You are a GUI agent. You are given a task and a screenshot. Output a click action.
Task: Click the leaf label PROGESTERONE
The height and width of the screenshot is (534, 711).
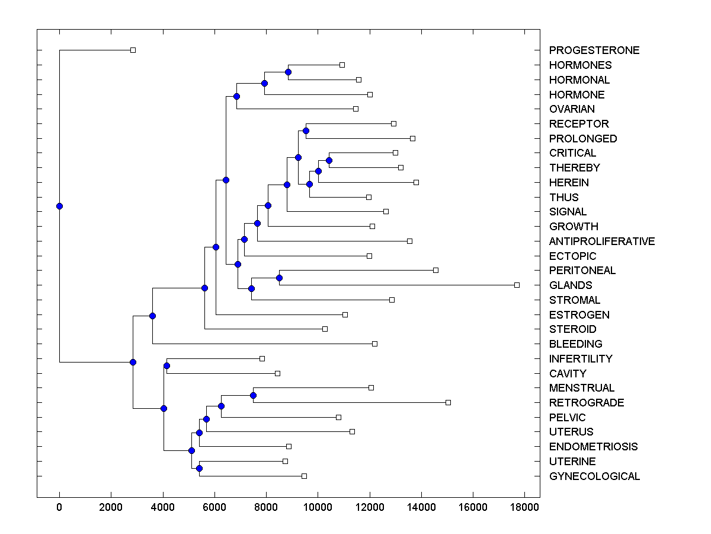[594, 50]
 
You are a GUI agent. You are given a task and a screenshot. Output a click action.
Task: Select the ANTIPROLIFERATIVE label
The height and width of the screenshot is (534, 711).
[602, 241]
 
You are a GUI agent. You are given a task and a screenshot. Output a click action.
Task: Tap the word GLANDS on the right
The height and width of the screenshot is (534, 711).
[571, 285]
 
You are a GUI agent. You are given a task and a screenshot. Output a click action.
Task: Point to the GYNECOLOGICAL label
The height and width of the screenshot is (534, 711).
[594, 476]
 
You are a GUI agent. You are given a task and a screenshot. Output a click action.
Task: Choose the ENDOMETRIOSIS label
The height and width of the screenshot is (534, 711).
[593, 447]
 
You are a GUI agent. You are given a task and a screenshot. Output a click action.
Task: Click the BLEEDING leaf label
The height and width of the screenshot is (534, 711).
[575, 344]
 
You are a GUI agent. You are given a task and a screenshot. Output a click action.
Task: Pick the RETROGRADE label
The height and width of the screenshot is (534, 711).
[587, 403]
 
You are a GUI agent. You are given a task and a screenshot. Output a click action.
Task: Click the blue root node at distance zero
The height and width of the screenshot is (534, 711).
[59, 206]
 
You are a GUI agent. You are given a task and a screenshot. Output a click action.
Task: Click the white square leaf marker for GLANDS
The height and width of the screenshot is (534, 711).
[517, 285]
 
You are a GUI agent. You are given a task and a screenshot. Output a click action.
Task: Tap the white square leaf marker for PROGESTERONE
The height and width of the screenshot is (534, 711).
[133, 50]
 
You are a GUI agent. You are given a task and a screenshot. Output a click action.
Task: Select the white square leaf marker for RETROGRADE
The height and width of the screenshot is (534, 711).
[448, 402]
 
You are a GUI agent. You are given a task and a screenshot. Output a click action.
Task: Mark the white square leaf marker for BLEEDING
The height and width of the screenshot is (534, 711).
[374, 344]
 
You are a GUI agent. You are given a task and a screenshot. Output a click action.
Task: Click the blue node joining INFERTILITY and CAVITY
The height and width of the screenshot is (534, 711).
[166, 365]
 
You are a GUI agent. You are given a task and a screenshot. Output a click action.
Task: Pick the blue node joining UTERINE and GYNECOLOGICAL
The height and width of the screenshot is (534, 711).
[199, 469]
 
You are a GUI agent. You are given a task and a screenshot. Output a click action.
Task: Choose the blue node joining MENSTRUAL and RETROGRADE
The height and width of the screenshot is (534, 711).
[253, 395]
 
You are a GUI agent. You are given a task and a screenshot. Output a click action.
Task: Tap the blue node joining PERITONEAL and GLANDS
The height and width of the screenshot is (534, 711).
[279, 278]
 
